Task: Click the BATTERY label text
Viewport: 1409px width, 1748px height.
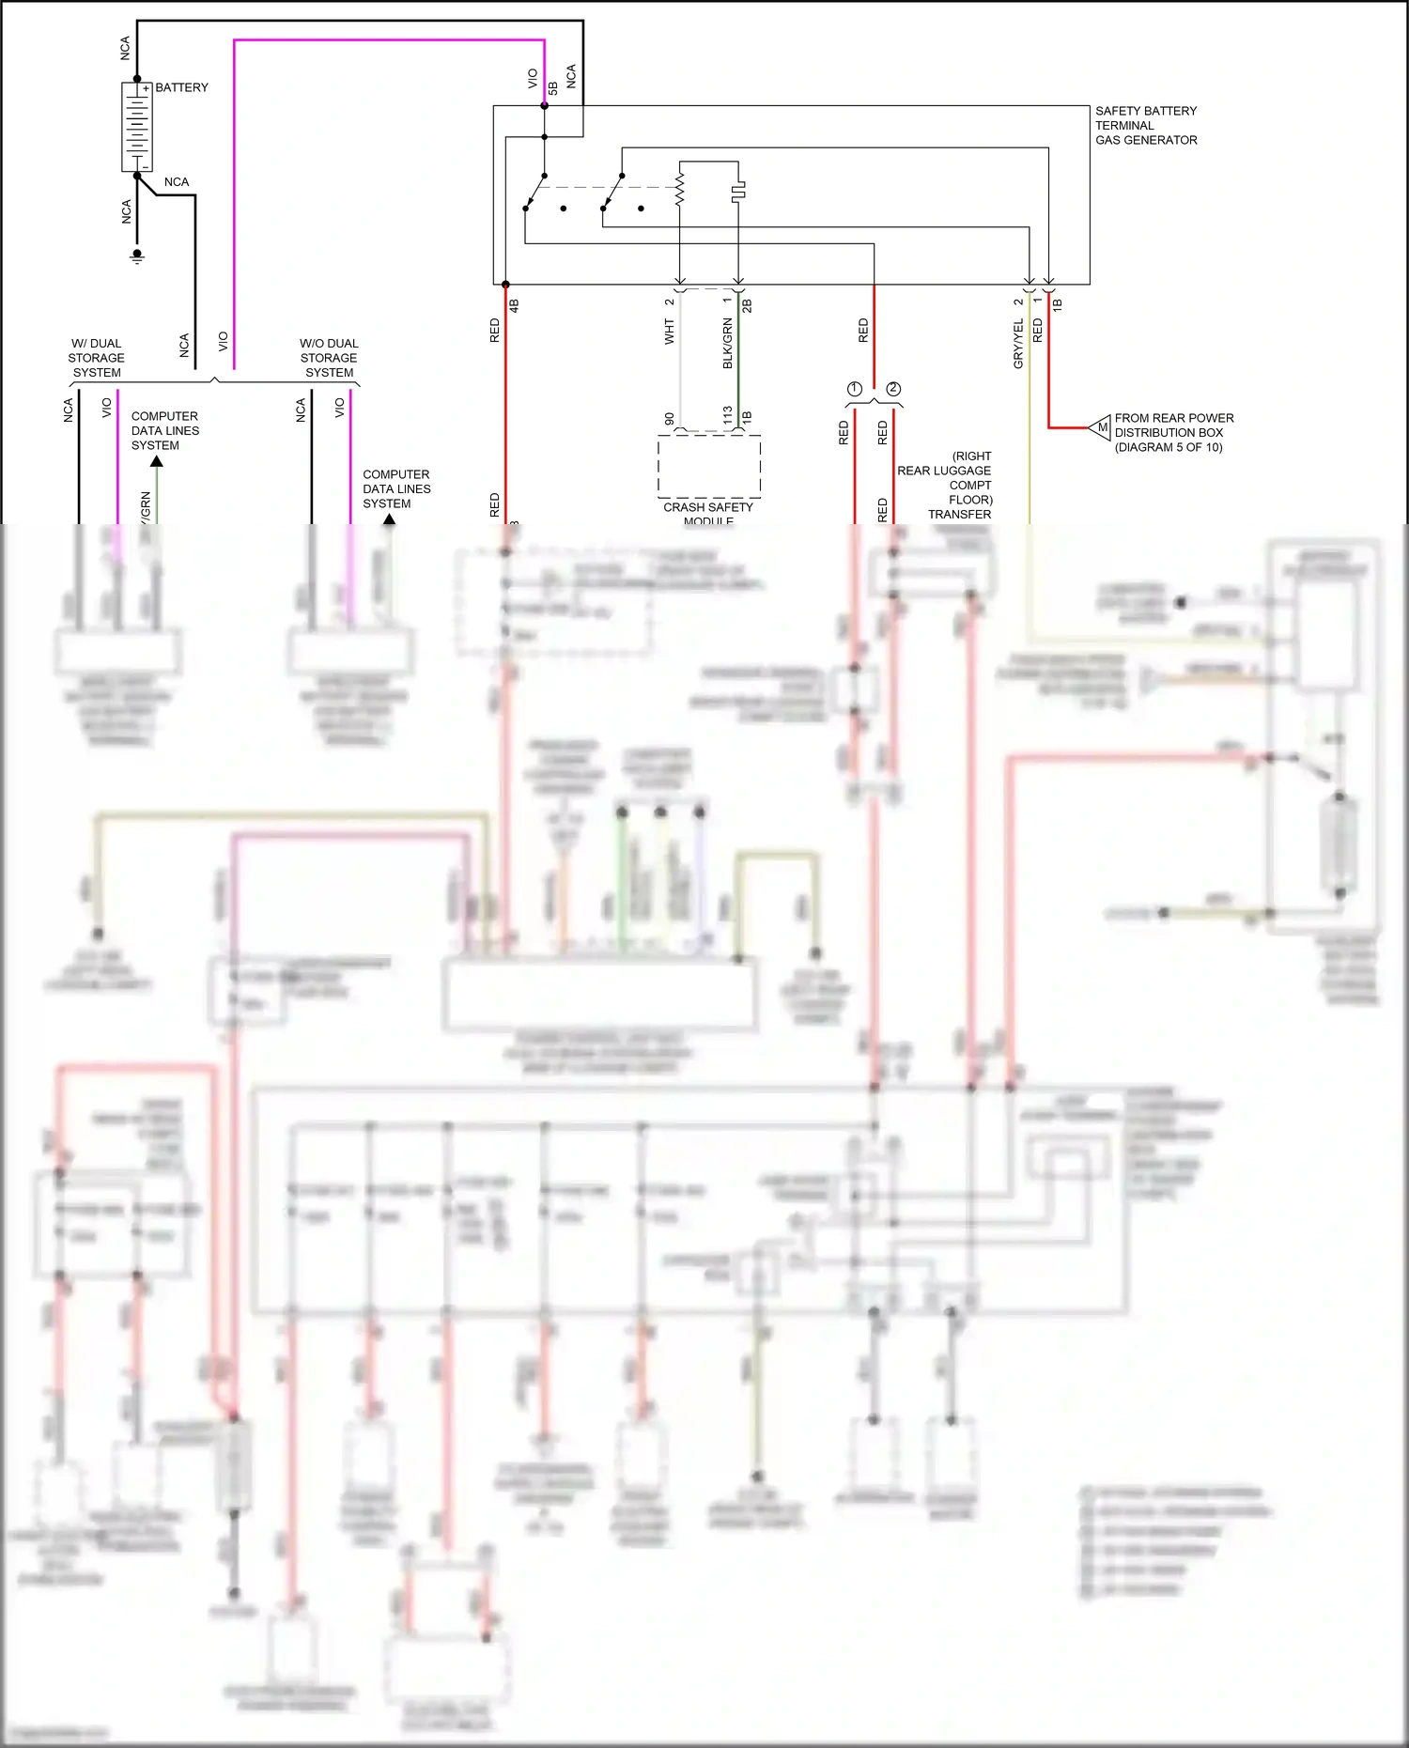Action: pyautogui.click(x=181, y=87)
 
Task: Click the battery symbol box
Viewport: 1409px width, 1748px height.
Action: pyautogui.click(x=136, y=127)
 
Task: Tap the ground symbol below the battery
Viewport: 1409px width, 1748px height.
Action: pyautogui.click(x=137, y=255)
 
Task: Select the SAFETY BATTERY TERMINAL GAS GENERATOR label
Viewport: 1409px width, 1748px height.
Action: pyautogui.click(x=1145, y=125)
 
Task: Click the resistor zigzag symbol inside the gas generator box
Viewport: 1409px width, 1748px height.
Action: pyautogui.click(x=680, y=187)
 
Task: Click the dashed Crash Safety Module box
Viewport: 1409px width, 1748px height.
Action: pyautogui.click(x=709, y=466)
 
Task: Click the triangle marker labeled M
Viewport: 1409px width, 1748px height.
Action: pyautogui.click(x=1100, y=427)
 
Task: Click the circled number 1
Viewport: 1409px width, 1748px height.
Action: pyautogui.click(x=854, y=389)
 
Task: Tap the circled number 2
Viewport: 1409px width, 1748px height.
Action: pyautogui.click(x=893, y=389)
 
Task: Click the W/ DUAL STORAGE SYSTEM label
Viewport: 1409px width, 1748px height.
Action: pyautogui.click(x=96, y=358)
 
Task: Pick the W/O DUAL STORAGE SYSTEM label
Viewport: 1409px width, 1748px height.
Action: pyautogui.click(x=329, y=358)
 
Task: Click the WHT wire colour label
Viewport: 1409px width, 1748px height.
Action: pyautogui.click(x=670, y=332)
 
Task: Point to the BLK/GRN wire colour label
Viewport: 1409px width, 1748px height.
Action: pyautogui.click(x=727, y=343)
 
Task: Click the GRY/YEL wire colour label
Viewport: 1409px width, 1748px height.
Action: pyautogui.click(x=1018, y=344)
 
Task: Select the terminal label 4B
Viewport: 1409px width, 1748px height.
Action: pyautogui.click(x=514, y=305)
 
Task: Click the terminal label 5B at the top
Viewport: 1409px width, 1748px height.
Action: pyautogui.click(x=553, y=87)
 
